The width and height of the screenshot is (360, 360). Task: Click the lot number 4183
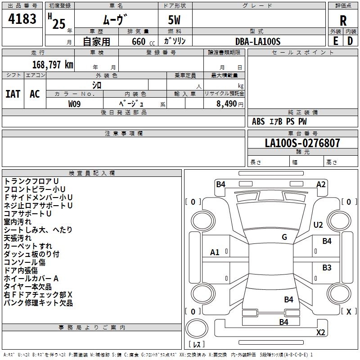[22, 19]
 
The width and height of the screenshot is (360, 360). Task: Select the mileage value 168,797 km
[53, 65]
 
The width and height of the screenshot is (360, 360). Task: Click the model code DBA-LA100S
[258, 41]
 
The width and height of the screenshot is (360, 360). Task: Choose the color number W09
[75, 104]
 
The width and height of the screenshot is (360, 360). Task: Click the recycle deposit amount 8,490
[226, 104]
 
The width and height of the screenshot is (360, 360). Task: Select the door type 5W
[175, 21]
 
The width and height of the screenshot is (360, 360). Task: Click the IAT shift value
[13, 94]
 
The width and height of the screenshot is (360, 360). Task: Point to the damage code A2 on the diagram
[321, 184]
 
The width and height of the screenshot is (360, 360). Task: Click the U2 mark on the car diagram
[318, 225]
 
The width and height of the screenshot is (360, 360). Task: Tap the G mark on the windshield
[284, 237]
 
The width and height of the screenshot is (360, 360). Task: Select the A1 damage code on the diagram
[215, 252]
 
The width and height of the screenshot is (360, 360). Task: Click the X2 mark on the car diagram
[321, 333]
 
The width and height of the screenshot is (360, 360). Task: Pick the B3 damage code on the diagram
[327, 268]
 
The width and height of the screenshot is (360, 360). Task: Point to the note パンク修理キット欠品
[38, 303]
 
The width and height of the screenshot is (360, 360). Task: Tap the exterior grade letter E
[335, 41]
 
